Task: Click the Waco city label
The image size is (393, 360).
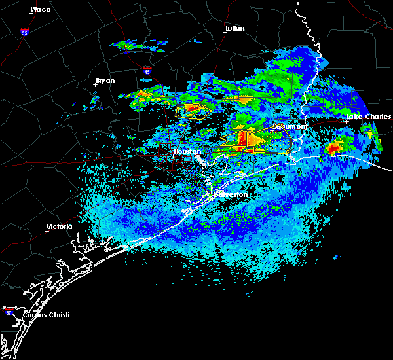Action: click(x=41, y=9)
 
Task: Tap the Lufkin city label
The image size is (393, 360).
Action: click(x=234, y=29)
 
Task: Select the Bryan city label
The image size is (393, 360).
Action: click(x=105, y=81)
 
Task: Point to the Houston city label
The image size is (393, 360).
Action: click(x=187, y=151)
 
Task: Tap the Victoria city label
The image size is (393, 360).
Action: click(x=59, y=227)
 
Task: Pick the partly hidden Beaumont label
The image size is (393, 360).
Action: click(x=291, y=126)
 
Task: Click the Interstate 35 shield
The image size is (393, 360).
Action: click(x=24, y=32)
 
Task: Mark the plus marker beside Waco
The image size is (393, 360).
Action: click(x=31, y=14)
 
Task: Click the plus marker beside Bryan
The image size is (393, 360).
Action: click(x=96, y=84)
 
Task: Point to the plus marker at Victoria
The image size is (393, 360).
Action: click(x=47, y=231)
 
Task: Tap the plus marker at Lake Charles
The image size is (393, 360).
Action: click(x=347, y=120)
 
